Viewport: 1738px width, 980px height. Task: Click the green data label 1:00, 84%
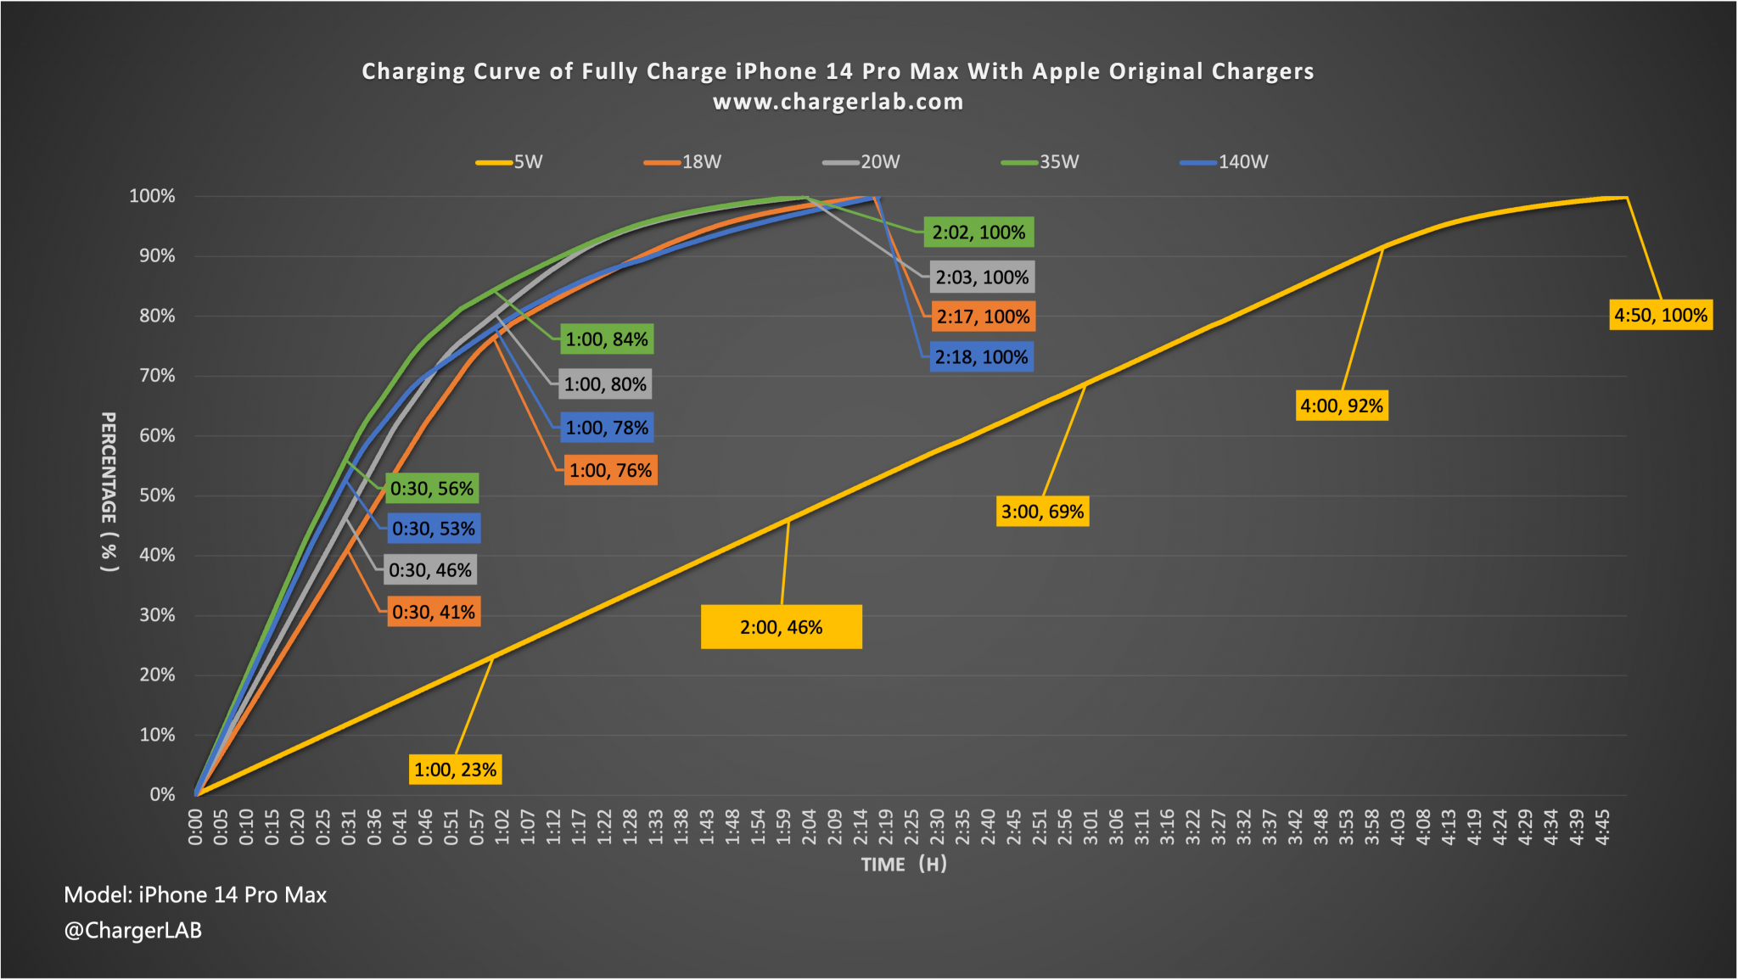[607, 339]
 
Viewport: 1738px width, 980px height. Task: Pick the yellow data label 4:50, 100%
[1661, 316]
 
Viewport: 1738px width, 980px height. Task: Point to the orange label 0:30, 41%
[434, 612]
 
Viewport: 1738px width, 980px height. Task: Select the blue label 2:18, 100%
[982, 357]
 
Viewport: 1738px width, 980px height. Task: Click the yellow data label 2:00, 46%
[781, 627]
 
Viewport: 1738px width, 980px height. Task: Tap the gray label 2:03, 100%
[982, 277]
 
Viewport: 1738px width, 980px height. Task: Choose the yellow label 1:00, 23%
[455, 770]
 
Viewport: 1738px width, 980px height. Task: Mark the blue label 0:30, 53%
[434, 529]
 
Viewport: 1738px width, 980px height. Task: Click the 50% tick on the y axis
[157, 496]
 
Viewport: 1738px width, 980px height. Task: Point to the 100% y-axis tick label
[152, 196]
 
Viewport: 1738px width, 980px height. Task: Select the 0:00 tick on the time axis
[195, 827]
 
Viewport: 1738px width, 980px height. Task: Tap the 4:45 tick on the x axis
[1602, 827]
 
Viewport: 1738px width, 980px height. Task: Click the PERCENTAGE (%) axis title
[109, 492]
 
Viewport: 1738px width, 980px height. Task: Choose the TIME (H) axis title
[904, 865]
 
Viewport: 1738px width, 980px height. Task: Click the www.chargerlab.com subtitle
[838, 102]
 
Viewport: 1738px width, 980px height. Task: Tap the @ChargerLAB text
[133, 931]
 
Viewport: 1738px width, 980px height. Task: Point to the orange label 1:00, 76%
[610, 471]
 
